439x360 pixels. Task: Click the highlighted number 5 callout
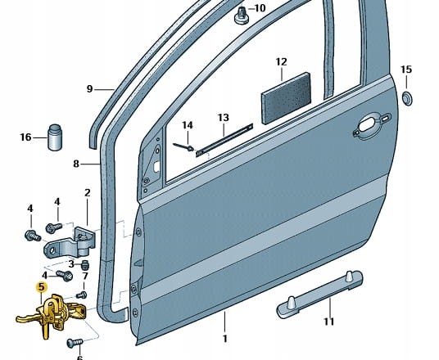42,287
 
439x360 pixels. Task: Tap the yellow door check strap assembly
52,314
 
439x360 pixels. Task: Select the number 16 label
25,137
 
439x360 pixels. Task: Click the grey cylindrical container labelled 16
55,137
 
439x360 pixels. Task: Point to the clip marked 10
240,16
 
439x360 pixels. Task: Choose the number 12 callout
282,62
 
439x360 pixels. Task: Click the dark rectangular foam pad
286,98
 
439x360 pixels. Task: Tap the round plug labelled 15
407,98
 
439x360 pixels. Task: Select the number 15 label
406,70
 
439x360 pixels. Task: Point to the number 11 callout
329,322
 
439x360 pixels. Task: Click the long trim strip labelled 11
319,294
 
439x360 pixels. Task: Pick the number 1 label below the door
224,339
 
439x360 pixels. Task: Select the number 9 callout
89,89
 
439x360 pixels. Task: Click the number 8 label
76,164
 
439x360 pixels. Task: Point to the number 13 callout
223,118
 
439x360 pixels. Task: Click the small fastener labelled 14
183,146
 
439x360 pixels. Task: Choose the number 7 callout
85,276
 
